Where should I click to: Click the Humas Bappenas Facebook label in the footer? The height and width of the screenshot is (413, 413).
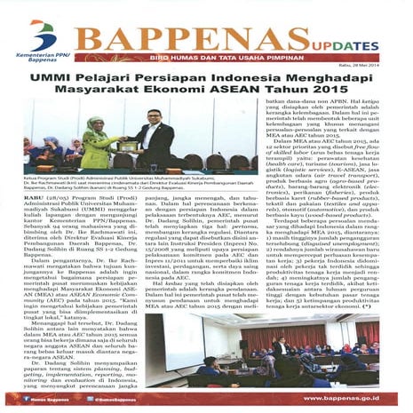coord(52,401)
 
